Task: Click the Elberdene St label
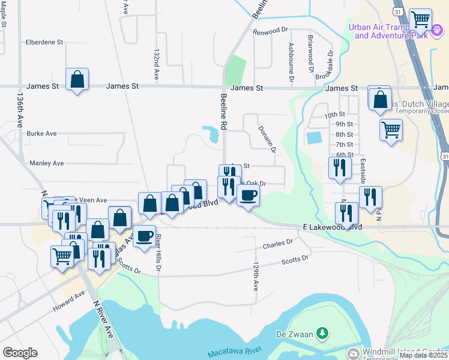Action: click(44, 43)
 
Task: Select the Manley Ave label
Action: click(46, 163)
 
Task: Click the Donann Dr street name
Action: click(267, 139)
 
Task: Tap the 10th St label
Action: click(334, 115)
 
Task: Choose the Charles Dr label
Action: click(277, 244)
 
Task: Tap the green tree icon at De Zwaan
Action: click(322, 332)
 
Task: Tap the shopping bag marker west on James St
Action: click(77, 79)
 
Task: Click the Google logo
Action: click(20, 353)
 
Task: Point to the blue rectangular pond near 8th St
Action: click(314, 137)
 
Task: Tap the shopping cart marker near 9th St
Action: click(391, 129)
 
